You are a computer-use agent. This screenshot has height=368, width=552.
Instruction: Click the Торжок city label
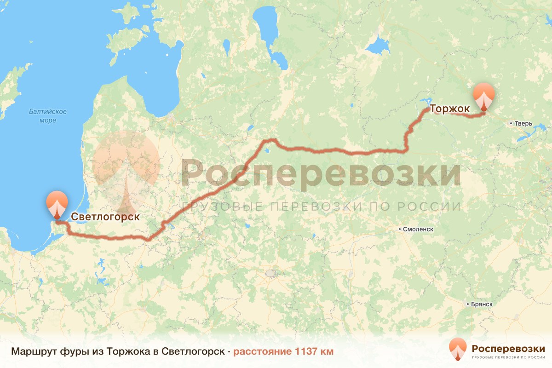[x=449, y=109]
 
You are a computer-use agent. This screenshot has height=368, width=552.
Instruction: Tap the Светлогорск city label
[x=105, y=216]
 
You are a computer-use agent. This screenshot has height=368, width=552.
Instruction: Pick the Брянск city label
[x=482, y=304]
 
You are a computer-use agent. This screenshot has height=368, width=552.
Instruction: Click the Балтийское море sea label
[x=48, y=116]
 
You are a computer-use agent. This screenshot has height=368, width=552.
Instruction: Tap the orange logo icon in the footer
[x=458, y=349]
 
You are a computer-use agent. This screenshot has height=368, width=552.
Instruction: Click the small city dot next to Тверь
[x=512, y=123]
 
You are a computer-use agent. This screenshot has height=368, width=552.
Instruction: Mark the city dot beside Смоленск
[x=400, y=229]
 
